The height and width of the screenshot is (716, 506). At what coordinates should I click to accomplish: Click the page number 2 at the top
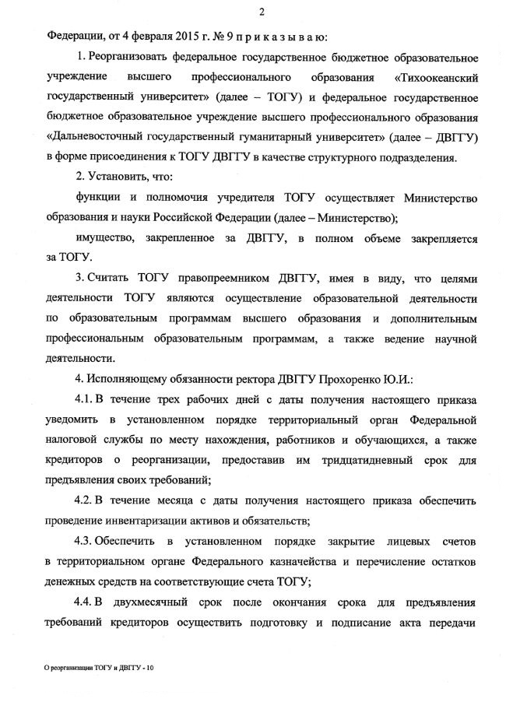[262, 11]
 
